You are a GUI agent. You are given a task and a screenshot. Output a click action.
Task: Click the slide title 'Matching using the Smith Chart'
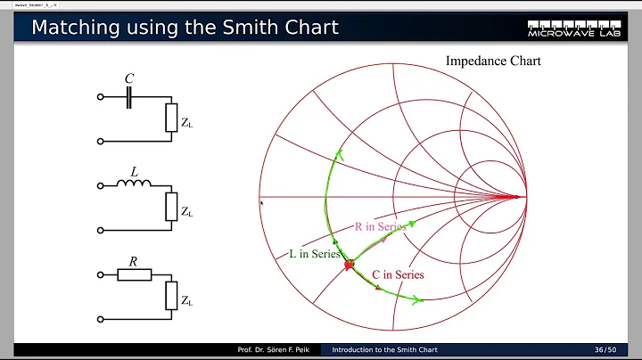point(185,28)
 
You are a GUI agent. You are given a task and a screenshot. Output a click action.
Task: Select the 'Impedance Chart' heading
point(493,61)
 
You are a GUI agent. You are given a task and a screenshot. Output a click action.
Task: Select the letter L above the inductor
point(135,169)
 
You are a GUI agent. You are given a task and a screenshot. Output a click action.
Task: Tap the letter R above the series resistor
point(132,261)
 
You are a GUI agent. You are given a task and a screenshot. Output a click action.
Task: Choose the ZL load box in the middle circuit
point(172,207)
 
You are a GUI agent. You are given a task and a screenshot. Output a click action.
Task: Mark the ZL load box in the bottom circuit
point(172,295)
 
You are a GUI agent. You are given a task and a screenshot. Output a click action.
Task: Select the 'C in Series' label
point(397,274)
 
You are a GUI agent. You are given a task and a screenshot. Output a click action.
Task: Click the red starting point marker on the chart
point(350,265)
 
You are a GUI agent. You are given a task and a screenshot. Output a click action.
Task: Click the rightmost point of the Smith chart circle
point(526,197)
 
